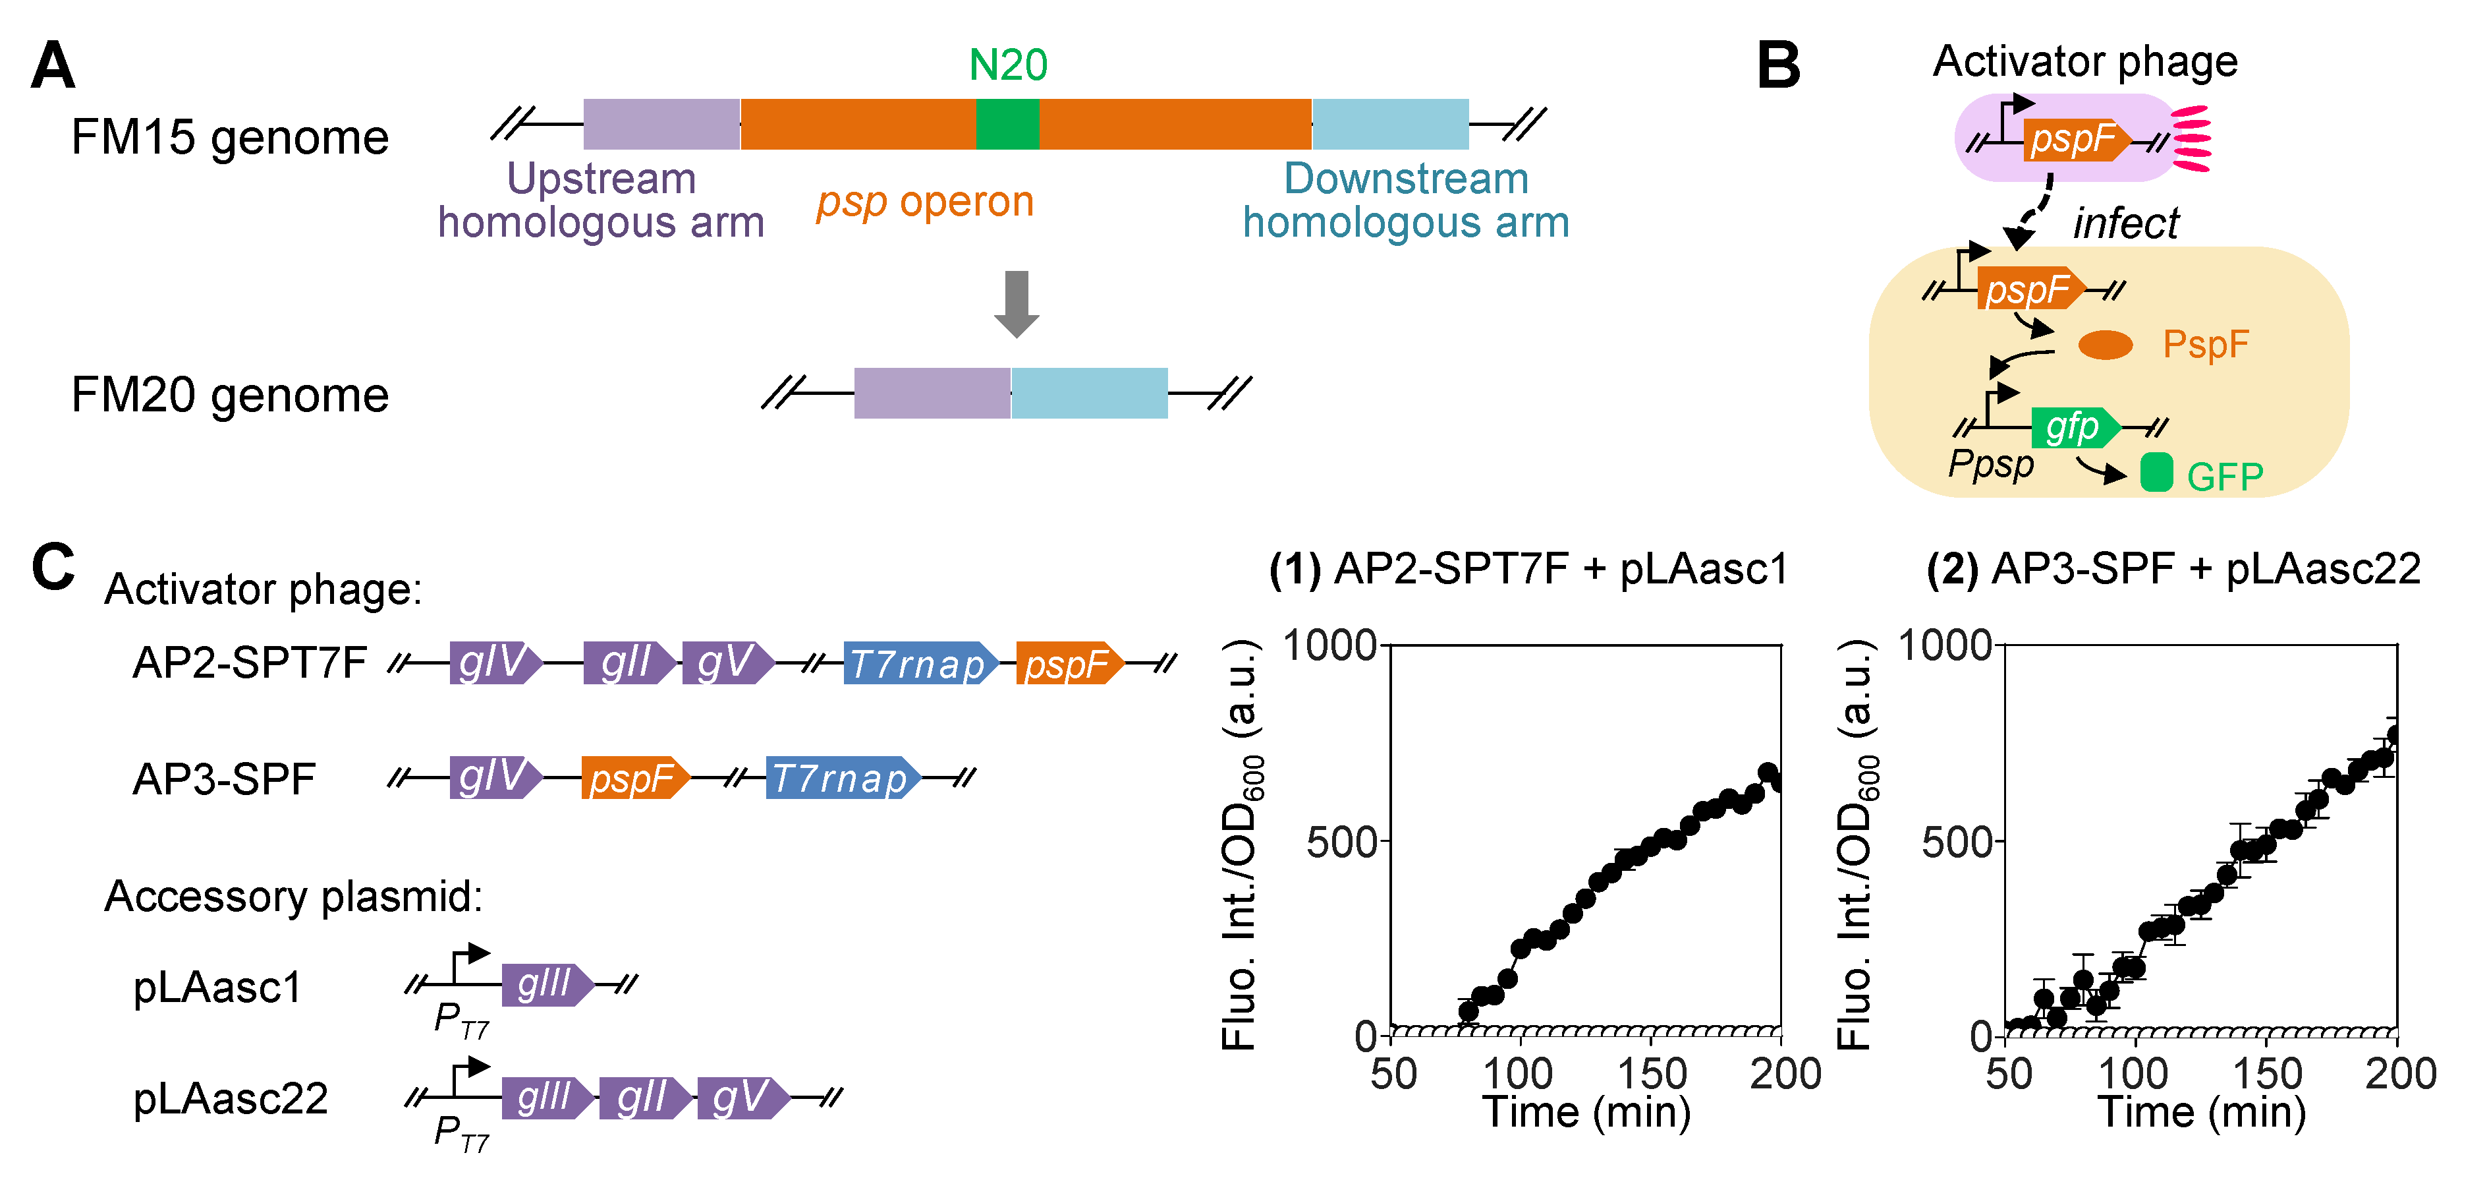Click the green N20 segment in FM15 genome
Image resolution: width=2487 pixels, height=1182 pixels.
pos(1007,124)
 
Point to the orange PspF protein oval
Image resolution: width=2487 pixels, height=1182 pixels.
pos(2105,345)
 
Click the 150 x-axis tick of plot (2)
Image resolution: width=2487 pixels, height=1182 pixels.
pos(2266,1074)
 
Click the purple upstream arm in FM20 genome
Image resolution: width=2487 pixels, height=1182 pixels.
pos(932,393)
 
